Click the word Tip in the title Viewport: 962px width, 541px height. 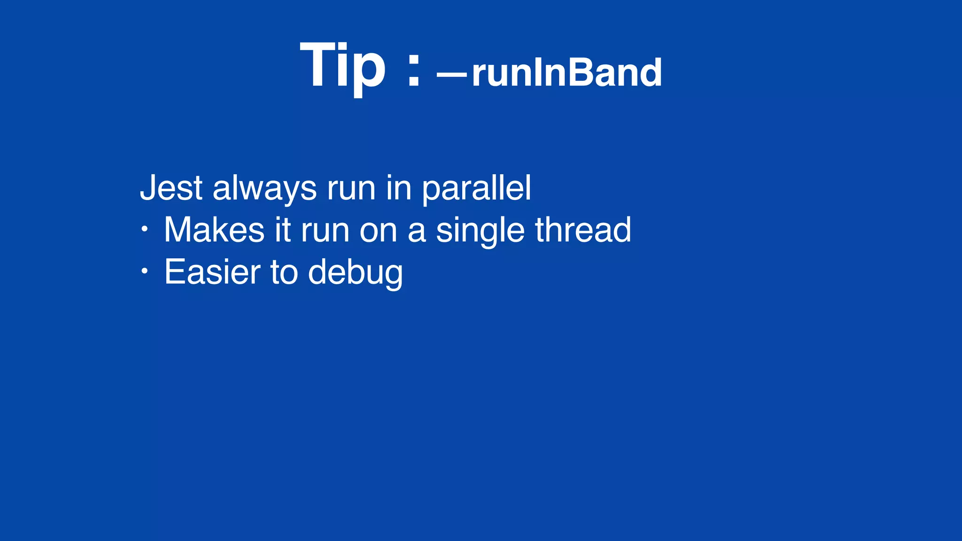click(x=343, y=66)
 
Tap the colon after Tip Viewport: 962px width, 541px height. click(x=413, y=70)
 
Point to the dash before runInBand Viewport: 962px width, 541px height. click(x=452, y=74)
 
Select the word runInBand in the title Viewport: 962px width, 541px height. click(x=567, y=73)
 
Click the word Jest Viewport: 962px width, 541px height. click(x=171, y=188)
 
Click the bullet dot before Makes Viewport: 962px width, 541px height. click(x=145, y=230)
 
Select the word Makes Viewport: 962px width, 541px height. click(x=214, y=230)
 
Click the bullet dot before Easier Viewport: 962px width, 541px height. click(x=145, y=271)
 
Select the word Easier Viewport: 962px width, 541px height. click(x=212, y=272)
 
